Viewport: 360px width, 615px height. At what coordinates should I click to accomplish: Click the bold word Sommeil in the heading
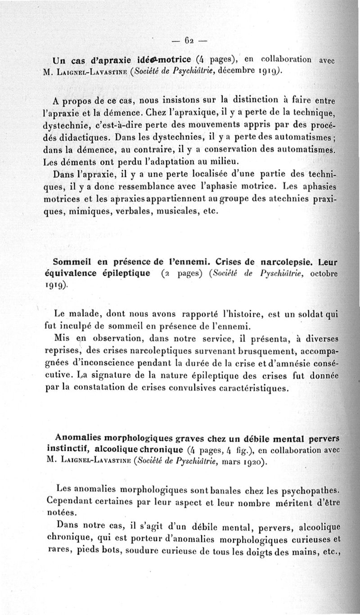[x=71, y=261]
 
